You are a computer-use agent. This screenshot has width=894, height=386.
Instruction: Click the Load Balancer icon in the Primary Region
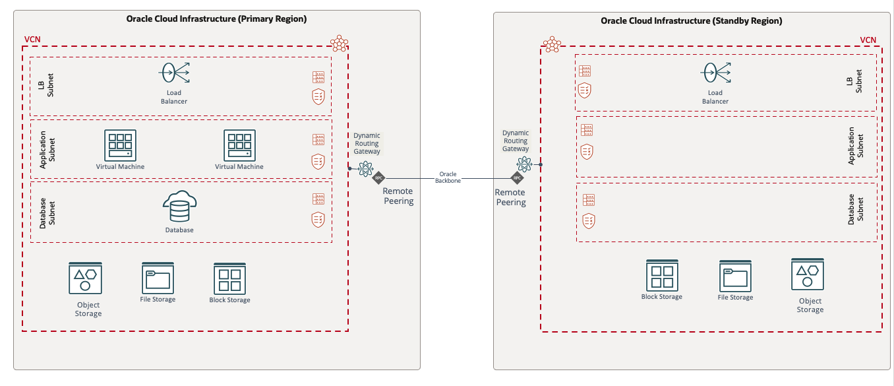click(174, 72)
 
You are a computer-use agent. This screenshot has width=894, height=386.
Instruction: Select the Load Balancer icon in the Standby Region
click(715, 72)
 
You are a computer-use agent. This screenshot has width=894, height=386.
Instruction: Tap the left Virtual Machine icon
click(120, 145)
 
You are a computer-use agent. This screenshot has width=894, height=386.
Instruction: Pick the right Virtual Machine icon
click(239, 145)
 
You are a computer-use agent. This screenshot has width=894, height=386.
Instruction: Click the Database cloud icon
click(179, 207)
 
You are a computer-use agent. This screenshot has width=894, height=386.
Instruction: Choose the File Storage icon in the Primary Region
click(158, 278)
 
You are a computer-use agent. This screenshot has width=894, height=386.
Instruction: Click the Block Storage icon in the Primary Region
click(229, 279)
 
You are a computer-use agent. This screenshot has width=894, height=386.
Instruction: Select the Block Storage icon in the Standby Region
click(662, 275)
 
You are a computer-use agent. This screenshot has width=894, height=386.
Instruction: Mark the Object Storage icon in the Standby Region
click(808, 275)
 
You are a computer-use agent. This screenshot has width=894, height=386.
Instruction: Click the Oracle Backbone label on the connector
click(448, 177)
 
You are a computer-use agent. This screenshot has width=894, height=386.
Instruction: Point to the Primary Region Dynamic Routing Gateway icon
click(365, 170)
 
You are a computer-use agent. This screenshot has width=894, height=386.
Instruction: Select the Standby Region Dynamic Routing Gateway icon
click(525, 164)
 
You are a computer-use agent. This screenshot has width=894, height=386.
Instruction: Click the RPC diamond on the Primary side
click(378, 178)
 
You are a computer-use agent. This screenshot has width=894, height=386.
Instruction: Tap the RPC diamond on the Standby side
click(518, 177)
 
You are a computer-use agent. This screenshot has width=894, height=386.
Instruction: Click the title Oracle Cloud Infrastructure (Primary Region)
click(216, 19)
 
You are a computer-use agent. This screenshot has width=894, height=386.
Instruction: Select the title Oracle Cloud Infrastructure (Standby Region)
click(691, 21)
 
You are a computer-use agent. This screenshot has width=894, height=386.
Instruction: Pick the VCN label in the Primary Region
click(32, 40)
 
